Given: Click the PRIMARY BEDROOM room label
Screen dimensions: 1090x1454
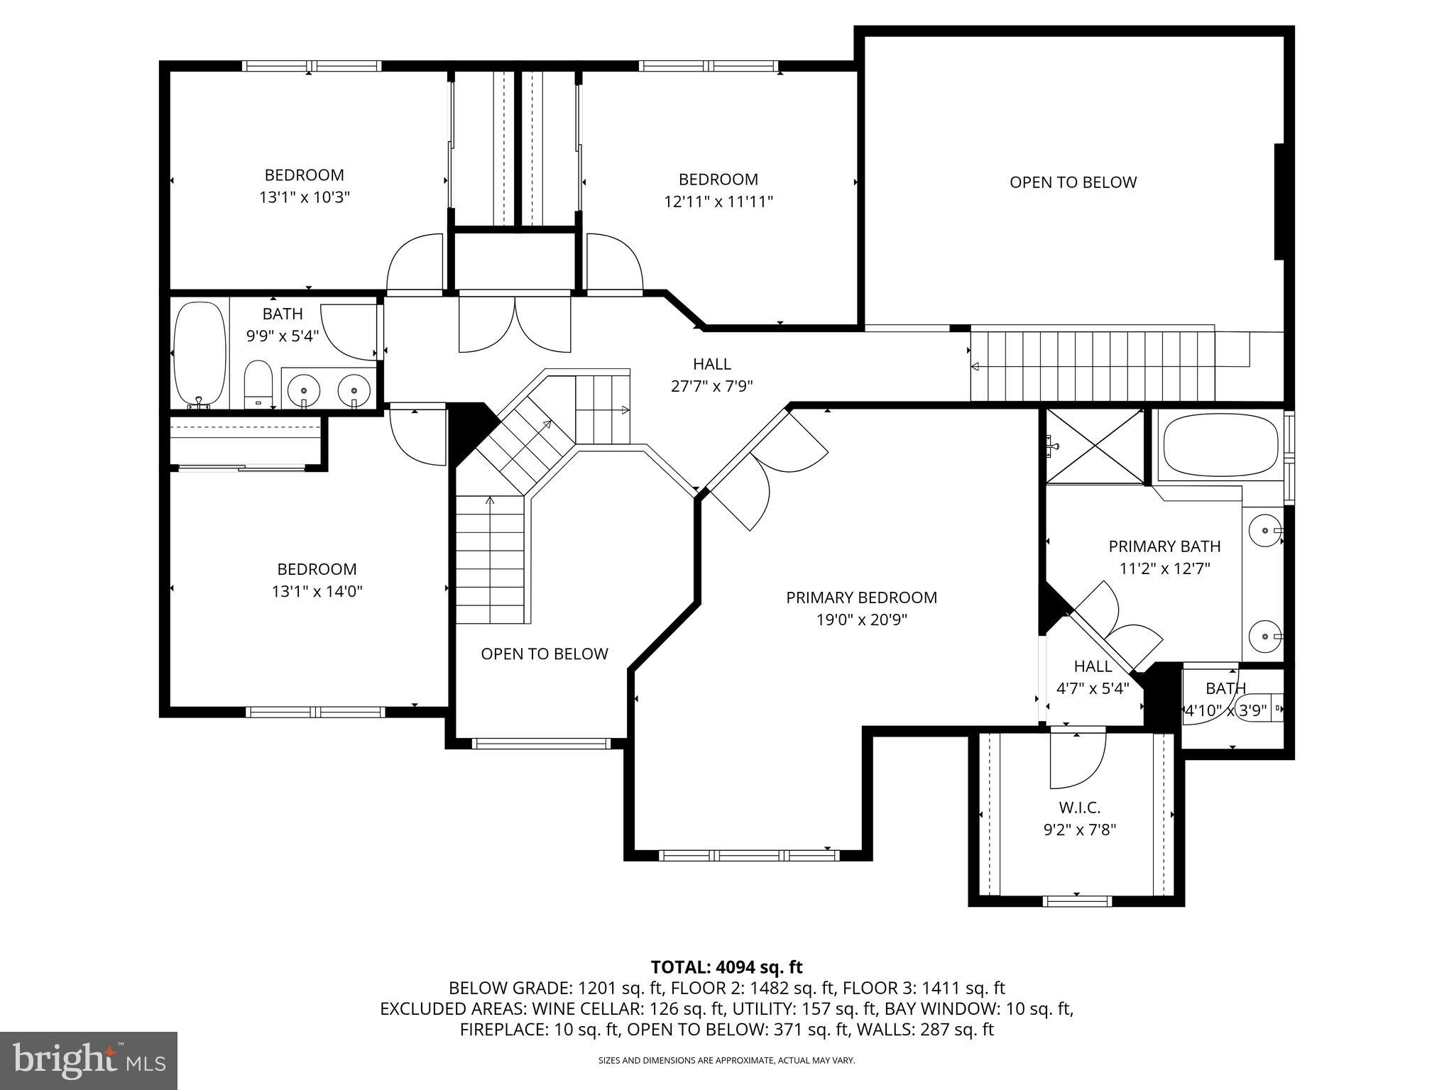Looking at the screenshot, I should point(861,598).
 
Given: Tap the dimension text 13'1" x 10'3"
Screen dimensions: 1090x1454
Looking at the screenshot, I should point(305,197).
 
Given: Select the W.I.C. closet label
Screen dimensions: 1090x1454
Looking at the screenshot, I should point(1079,808).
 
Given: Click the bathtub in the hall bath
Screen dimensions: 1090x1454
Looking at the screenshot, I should point(199,352).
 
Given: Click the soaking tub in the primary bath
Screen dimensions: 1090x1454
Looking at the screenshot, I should point(1220,445).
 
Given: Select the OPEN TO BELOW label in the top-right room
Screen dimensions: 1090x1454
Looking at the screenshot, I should point(1073,182).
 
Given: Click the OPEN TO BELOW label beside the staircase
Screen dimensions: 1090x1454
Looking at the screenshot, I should point(545,654).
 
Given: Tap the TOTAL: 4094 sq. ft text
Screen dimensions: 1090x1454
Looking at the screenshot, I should point(726,967).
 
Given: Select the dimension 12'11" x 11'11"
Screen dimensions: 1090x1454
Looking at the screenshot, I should point(718,202).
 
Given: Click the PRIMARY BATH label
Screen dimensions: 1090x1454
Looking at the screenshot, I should point(1164,546).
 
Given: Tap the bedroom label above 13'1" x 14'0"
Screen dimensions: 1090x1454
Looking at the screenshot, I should point(317,569).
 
